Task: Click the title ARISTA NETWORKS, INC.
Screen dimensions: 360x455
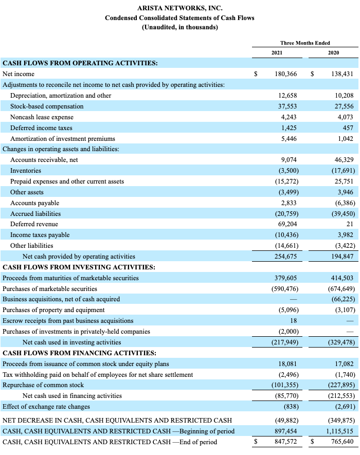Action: pos(179,8)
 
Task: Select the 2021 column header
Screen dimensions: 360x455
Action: pos(277,52)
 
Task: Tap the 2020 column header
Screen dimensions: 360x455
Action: pos(333,52)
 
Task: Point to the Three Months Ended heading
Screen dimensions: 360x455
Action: pos(305,43)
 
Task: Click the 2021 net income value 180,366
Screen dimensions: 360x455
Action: pos(285,74)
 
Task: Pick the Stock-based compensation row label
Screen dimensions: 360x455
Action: pos(47,106)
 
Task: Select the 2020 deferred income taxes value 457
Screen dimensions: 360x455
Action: pos(348,128)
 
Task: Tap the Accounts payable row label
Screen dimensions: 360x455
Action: pos(34,203)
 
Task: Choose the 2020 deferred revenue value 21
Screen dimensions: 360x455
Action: pos(350,224)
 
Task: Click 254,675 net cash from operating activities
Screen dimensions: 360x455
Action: pos(285,256)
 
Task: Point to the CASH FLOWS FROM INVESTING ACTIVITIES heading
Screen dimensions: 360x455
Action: pos(79,267)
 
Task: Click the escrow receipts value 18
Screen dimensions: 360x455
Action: pos(294,321)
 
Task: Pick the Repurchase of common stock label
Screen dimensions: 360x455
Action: pos(43,385)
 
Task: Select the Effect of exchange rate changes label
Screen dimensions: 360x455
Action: pos(46,407)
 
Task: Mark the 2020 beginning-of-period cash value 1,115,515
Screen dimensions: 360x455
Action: pos(339,431)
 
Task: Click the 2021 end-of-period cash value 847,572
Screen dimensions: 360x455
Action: pos(285,442)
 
